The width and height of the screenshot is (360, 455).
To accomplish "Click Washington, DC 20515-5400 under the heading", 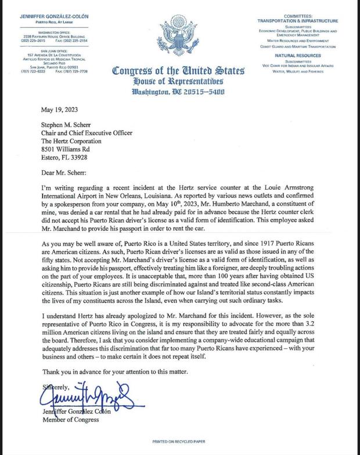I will click(179, 92).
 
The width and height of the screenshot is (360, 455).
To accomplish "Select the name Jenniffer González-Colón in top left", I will click(55, 17).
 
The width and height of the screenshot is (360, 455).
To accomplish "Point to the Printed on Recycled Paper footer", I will click(179, 442).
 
